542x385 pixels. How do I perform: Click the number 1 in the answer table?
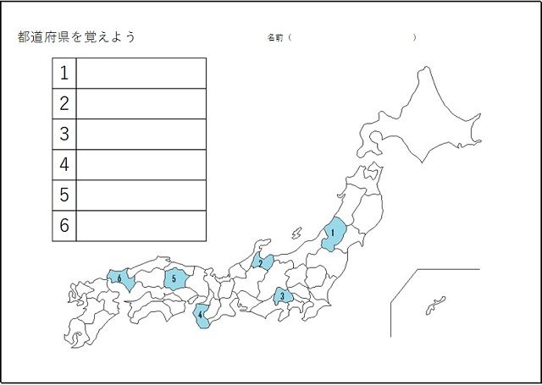pos(64,73)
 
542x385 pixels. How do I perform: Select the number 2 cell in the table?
pos(64,103)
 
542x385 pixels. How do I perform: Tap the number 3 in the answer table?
pos(64,134)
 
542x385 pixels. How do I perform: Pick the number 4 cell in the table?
pos(64,164)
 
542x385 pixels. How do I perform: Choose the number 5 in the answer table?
pos(64,195)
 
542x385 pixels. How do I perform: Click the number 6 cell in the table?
pos(64,225)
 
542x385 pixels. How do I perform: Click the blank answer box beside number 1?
pos(141,73)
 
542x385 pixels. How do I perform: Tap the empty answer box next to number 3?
pos(141,134)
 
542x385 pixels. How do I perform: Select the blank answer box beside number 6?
pos(141,225)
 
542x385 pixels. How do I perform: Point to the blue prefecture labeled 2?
pos(263,262)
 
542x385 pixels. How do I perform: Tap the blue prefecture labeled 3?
pos(283,296)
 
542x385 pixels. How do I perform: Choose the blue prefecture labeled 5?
pos(174,278)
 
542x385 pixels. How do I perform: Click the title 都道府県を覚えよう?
pos(76,37)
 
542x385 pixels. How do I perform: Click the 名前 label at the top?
pos(274,38)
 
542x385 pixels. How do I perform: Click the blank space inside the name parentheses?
pos(352,38)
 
